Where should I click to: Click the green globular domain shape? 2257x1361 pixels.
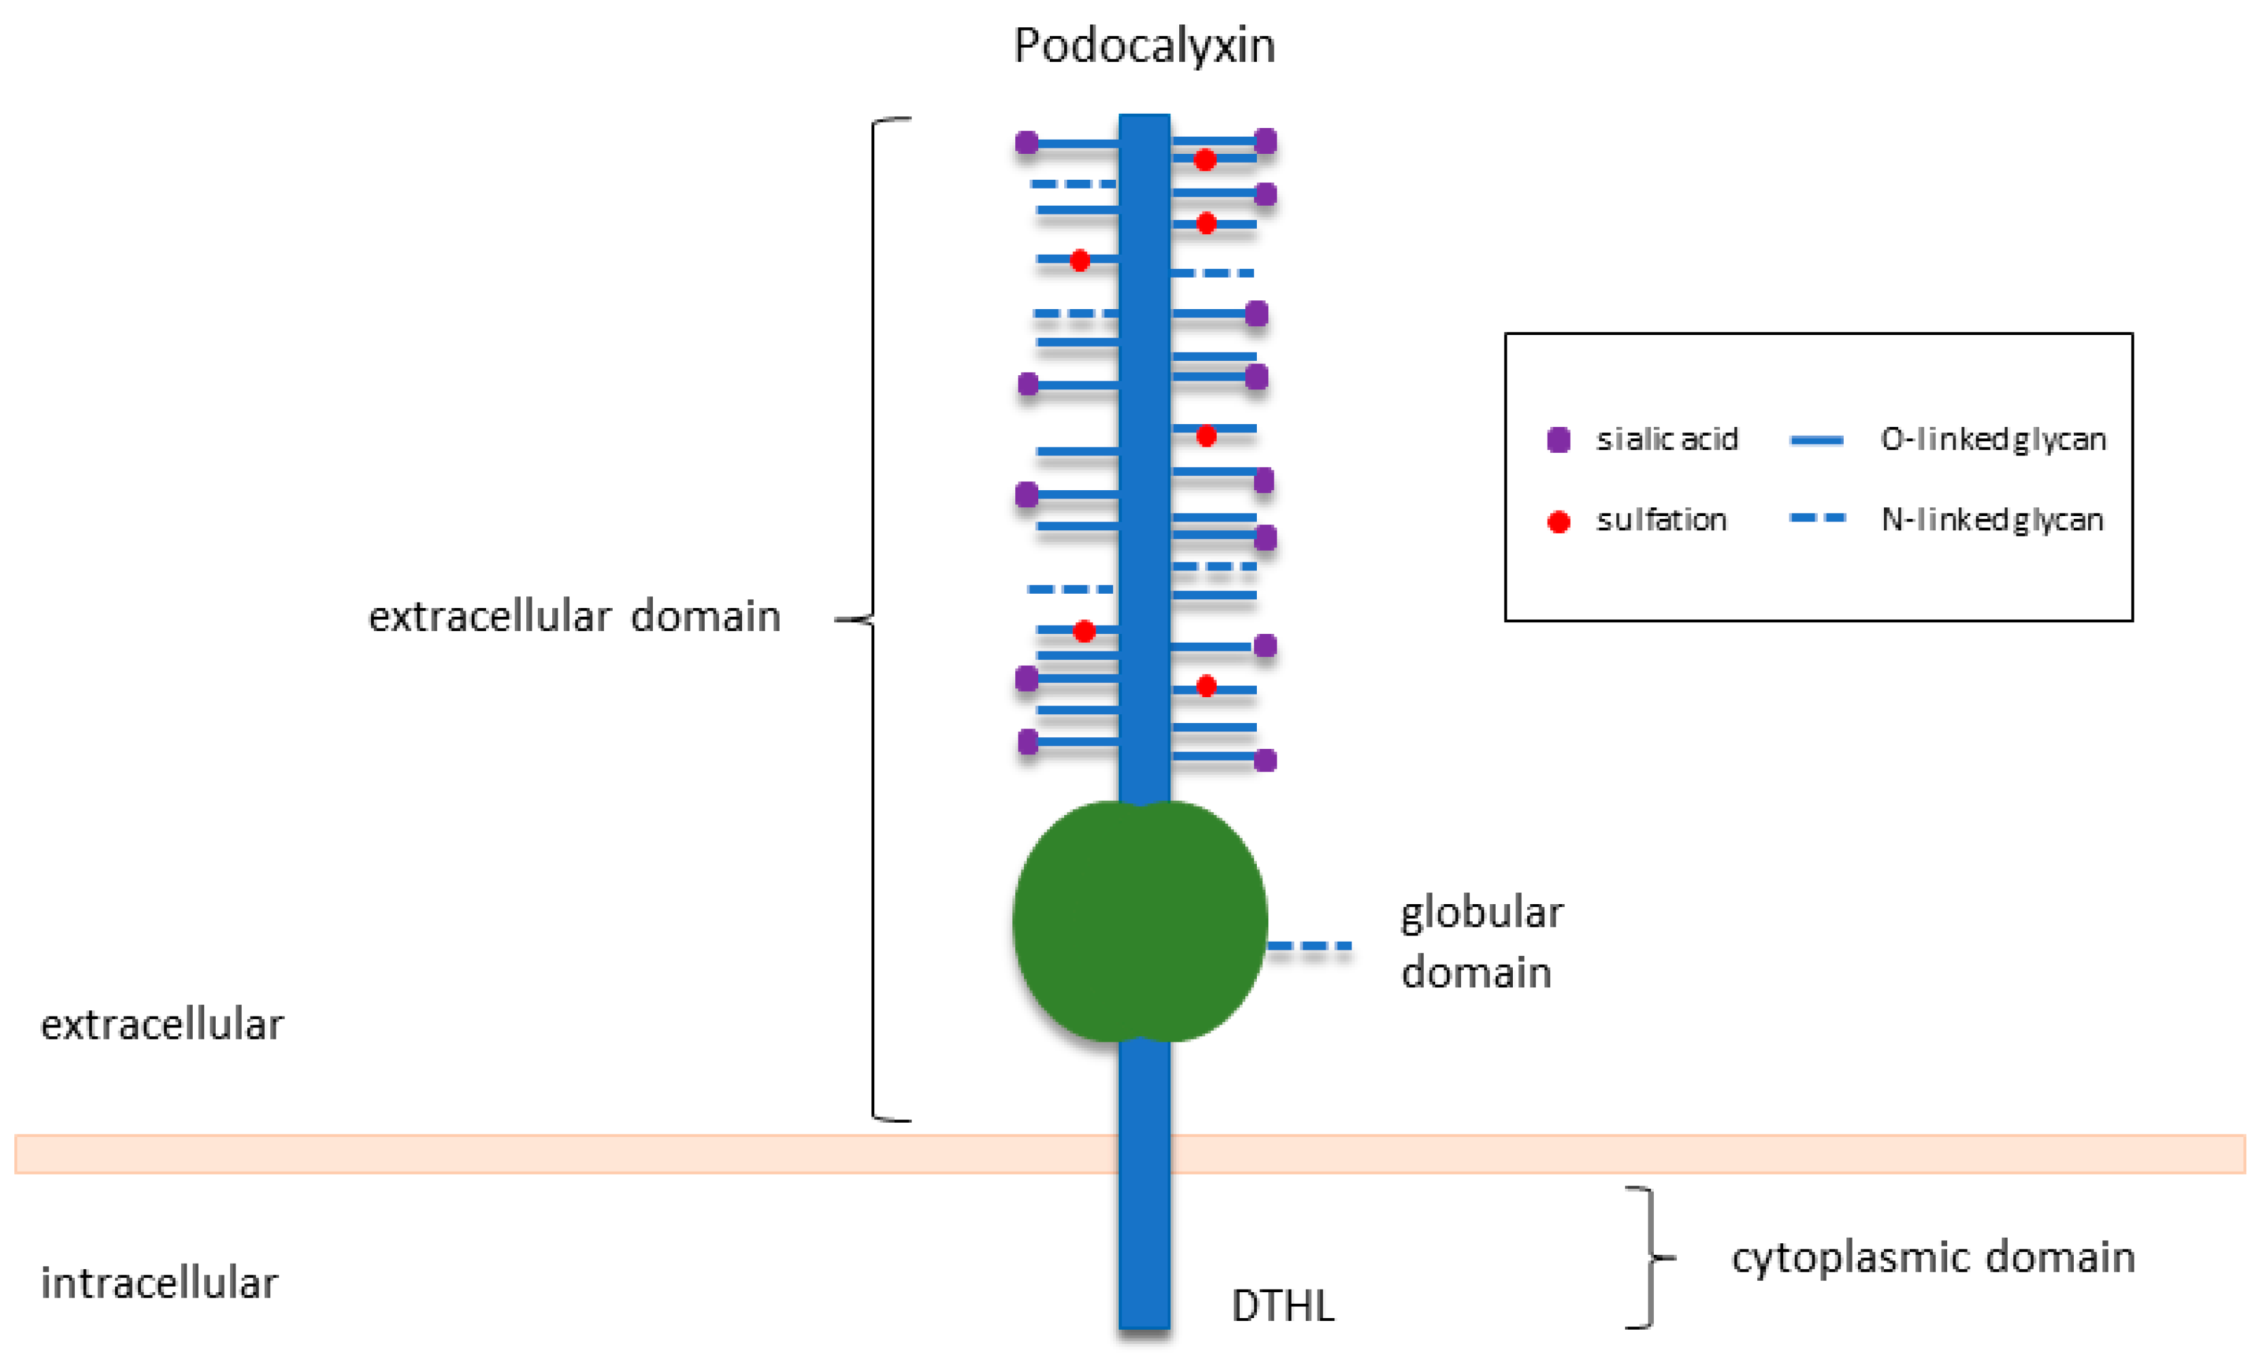(1140, 921)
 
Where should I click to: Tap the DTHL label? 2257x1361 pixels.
(1283, 1306)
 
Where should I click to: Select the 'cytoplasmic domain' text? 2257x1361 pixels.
(1933, 1258)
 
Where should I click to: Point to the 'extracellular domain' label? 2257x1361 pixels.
(575, 616)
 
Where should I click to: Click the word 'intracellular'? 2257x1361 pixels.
(159, 1283)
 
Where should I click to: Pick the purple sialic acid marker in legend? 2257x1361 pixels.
(1558, 440)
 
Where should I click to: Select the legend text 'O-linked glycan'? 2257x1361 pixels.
(1994, 440)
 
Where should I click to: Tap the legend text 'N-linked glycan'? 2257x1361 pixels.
(1992, 519)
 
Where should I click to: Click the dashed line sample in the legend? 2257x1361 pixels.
(1817, 518)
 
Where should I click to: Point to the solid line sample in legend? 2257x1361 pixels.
(1816, 441)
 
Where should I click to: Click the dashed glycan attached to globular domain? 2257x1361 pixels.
(1310, 945)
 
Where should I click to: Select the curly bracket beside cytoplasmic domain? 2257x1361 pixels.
(1650, 1258)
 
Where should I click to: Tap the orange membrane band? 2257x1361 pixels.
(1130, 1154)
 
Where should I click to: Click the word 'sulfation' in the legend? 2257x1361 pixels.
(1662, 520)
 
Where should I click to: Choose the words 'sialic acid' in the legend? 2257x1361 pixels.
(1667, 440)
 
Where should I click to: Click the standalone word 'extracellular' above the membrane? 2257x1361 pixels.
(162, 1024)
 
